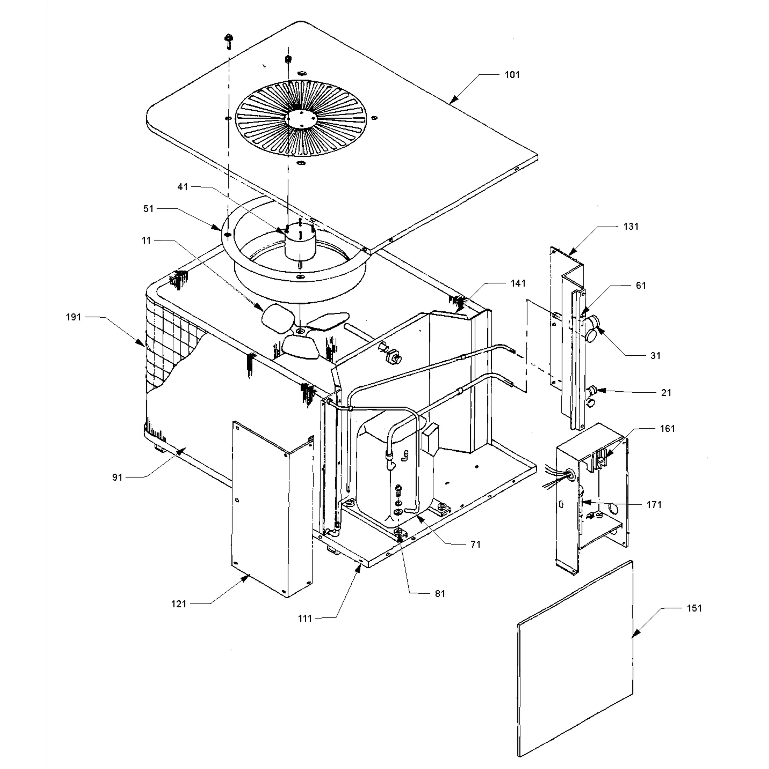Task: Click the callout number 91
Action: click(117, 477)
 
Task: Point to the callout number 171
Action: click(654, 505)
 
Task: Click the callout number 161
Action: click(668, 429)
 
